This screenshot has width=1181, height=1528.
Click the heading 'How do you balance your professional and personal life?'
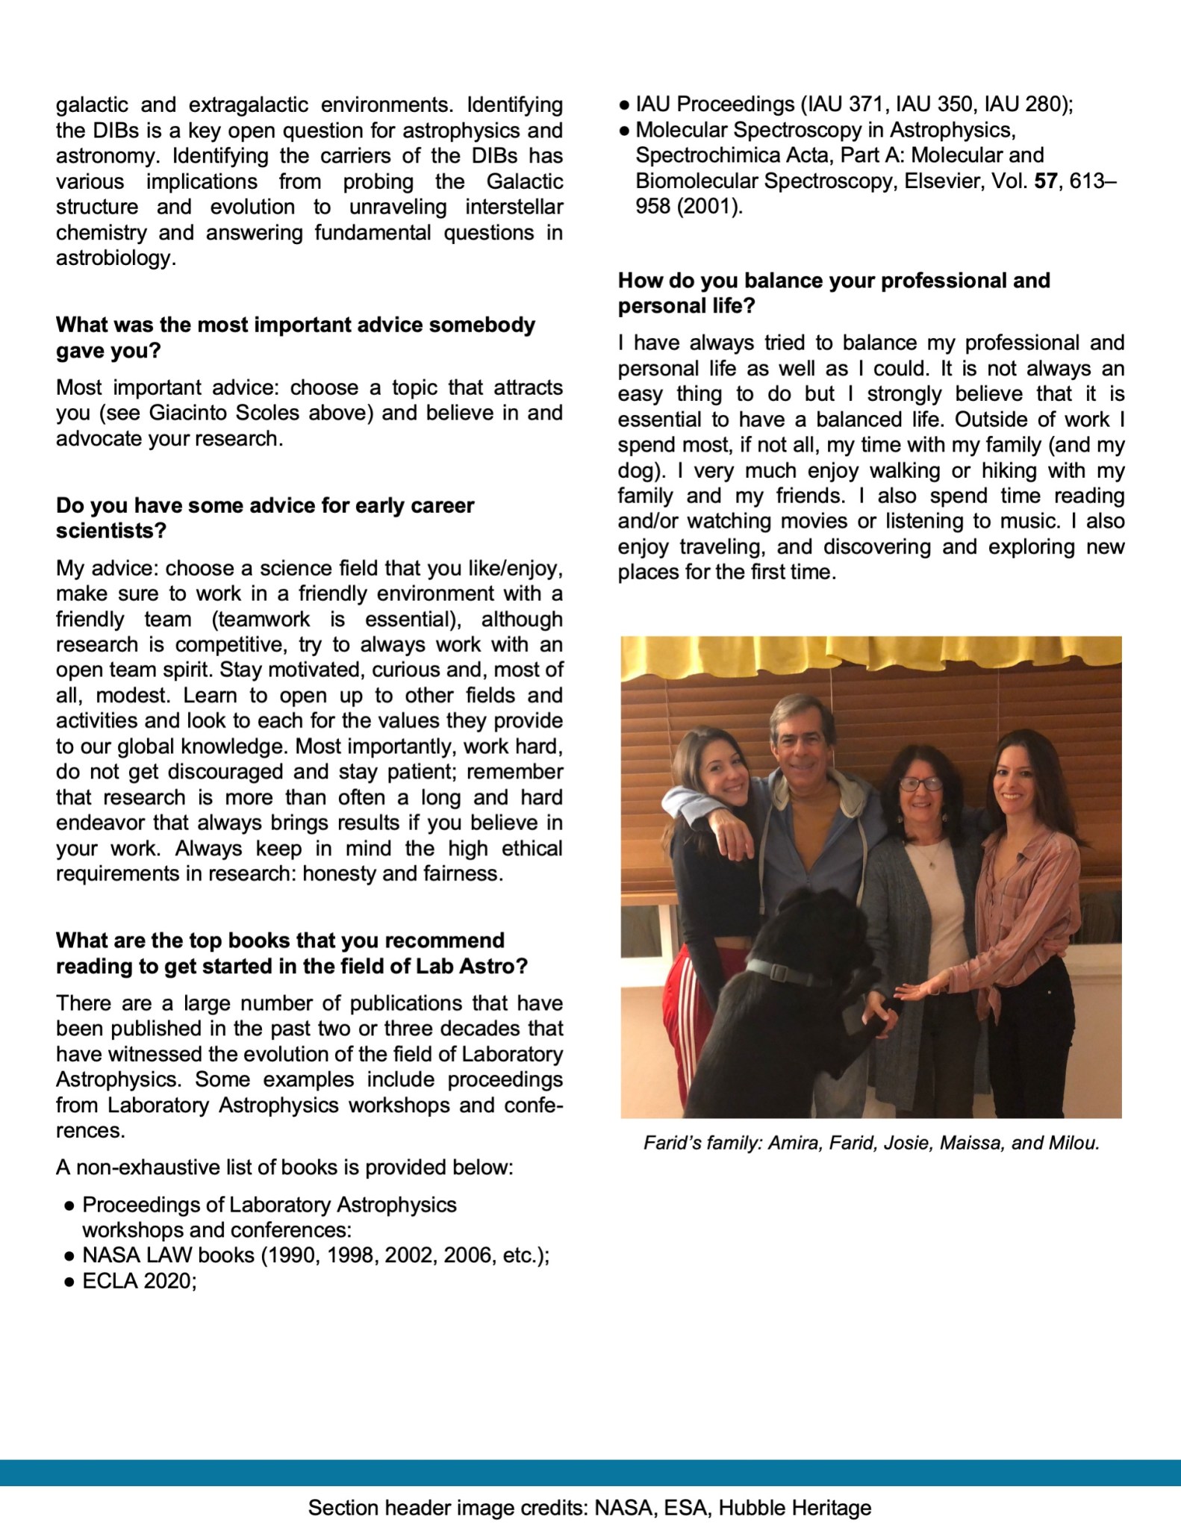click(834, 293)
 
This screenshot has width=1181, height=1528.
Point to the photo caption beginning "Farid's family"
click(871, 1144)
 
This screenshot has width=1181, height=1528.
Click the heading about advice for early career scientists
click(265, 518)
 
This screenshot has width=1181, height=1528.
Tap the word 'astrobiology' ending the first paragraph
click(115, 258)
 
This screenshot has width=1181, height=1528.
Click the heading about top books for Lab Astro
click(291, 952)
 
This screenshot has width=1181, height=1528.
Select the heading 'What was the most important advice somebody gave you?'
click(295, 337)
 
